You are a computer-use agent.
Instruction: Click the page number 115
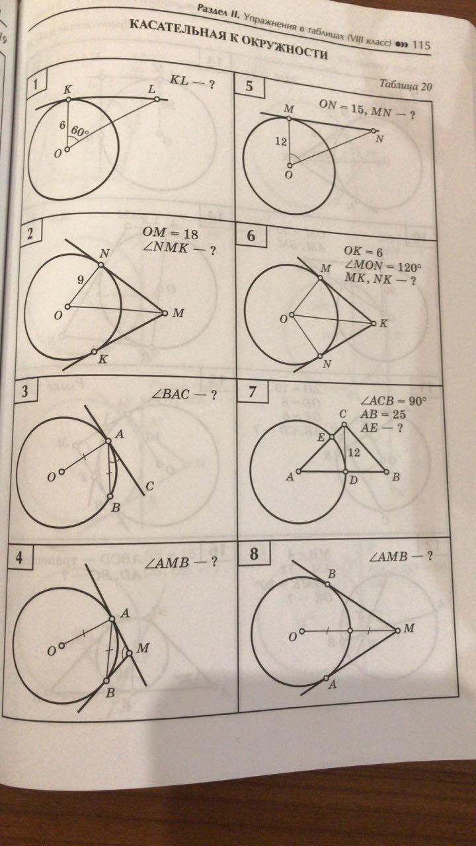[x=421, y=46]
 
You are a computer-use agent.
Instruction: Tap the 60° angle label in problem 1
[x=80, y=132]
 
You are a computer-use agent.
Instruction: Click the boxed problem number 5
[x=249, y=86]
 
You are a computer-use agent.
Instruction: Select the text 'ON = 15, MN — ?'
[x=366, y=109]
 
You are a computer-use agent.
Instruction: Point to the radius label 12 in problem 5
[x=281, y=142]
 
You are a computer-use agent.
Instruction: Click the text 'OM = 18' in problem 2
[x=170, y=233]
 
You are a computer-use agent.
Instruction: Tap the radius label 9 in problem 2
[x=80, y=280]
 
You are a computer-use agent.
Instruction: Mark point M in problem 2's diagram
[x=165, y=313]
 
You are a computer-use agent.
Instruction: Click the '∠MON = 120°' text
[x=382, y=266]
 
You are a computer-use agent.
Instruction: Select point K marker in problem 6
[x=374, y=323]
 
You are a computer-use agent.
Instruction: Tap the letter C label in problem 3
[x=149, y=486]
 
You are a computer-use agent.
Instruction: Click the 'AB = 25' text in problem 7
[x=383, y=414]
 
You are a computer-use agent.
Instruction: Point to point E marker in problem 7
[x=332, y=437]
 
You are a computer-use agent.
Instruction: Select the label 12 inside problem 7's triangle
[x=354, y=452]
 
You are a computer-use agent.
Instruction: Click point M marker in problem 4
[x=129, y=653]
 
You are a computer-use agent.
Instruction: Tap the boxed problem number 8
[x=255, y=554]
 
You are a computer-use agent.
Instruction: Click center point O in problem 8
[x=302, y=631]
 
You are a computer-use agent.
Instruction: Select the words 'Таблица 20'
[x=405, y=85]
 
